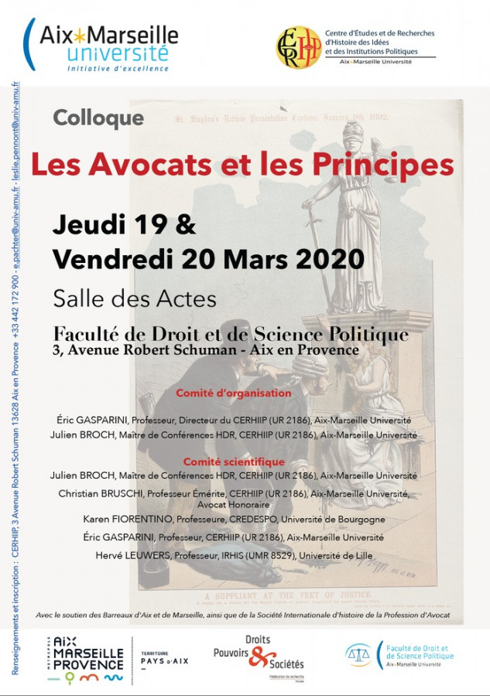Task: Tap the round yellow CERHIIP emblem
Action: click(298, 46)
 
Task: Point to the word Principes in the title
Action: click(387, 164)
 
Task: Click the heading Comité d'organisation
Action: click(234, 393)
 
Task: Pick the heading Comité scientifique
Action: click(233, 461)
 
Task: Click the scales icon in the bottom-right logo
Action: click(358, 654)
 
